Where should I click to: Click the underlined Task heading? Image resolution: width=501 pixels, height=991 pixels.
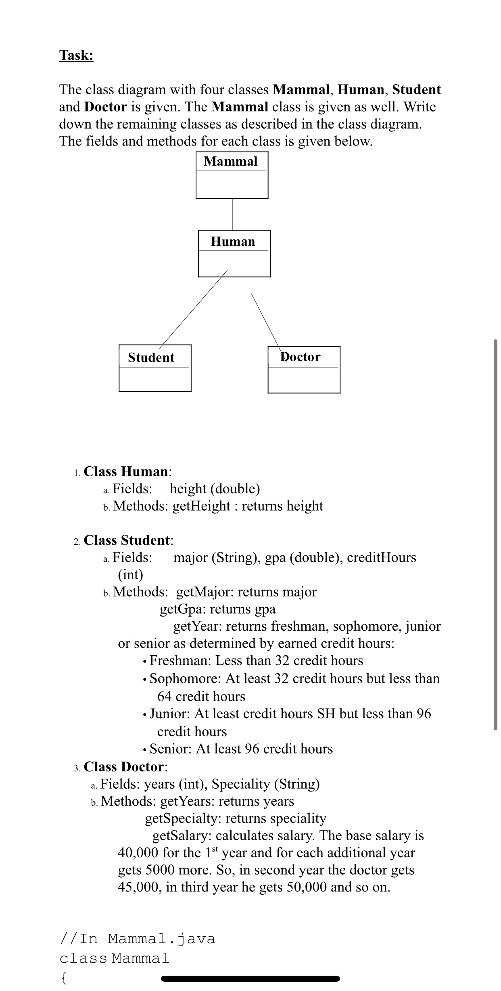click(x=76, y=55)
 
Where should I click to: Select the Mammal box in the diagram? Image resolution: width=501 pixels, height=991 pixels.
click(x=232, y=175)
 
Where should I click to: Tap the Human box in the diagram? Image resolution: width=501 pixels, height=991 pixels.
click(x=234, y=253)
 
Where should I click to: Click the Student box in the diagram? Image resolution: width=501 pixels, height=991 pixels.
click(x=154, y=368)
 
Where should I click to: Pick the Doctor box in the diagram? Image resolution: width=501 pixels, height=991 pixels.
click(x=304, y=369)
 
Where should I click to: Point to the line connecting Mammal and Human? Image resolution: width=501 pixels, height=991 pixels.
click(x=232, y=214)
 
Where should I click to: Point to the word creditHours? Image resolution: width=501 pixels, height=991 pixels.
click(x=381, y=557)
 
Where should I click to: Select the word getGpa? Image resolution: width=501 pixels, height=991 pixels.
click(x=183, y=609)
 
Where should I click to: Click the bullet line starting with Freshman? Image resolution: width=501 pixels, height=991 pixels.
click(x=256, y=661)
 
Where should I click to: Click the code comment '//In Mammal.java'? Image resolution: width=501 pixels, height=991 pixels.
click(x=137, y=939)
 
